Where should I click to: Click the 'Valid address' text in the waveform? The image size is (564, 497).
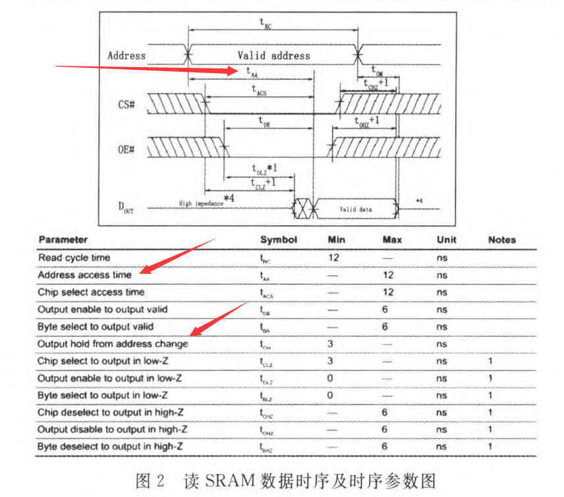coord(273,55)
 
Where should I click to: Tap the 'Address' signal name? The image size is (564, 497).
coord(127,55)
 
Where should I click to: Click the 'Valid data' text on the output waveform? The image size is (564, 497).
coord(356,209)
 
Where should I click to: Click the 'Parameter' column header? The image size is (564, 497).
coord(63,240)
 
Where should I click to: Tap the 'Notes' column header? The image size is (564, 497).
coord(502,240)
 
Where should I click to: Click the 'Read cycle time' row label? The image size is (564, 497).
coord(74,257)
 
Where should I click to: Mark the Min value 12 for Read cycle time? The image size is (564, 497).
coord(333,257)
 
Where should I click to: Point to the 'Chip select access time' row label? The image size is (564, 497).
coord(91,292)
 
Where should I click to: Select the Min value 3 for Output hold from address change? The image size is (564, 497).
coord(330,344)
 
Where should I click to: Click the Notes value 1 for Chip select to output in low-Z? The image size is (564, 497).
coord(491,361)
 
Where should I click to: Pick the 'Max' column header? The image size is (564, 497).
coord(392,240)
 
